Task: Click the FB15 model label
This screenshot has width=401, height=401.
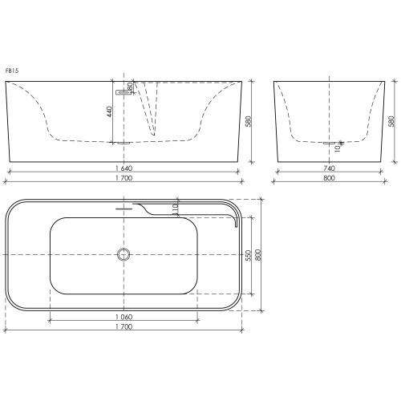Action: tap(12, 71)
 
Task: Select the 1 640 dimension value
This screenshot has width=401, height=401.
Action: tap(124, 168)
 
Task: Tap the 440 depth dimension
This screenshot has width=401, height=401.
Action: tap(109, 111)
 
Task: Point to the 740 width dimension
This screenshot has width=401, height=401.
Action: tap(329, 168)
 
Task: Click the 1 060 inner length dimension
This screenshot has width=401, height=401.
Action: tap(124, 317)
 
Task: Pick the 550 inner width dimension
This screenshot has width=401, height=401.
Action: tap(249, 256)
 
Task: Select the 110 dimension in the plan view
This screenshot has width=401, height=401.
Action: tap(175, 209)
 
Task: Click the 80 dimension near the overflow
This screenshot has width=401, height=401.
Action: tap(130, 87)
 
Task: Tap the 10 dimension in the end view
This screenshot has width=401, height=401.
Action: tap(338, 148)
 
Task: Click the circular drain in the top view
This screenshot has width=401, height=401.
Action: tap(124, 254)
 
